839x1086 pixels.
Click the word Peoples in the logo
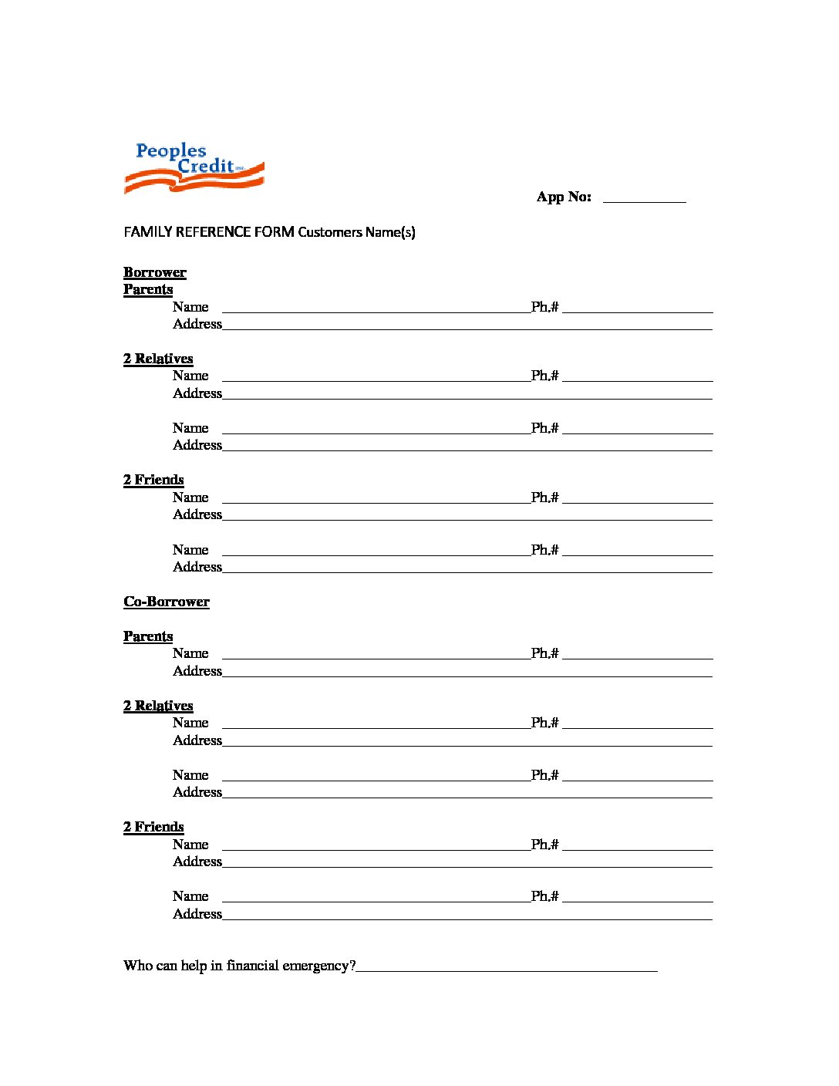170,151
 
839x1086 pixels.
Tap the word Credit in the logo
205,166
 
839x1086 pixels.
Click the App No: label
564,197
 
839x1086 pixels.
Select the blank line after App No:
644,199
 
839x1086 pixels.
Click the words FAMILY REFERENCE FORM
209,232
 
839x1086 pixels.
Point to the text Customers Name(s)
356,232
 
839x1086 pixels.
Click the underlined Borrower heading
155,272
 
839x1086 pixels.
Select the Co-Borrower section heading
167,602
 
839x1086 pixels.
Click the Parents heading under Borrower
148,289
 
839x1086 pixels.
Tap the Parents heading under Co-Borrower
148,636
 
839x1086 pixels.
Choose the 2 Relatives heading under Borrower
158,359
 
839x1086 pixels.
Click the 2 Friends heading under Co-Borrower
153,827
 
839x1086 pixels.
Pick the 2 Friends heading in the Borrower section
153,480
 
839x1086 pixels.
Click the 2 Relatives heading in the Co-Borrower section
158,706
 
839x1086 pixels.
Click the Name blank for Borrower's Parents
376,309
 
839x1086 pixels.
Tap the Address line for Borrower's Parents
467,326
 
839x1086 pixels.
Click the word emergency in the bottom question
318,966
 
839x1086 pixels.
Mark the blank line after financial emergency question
507,967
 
